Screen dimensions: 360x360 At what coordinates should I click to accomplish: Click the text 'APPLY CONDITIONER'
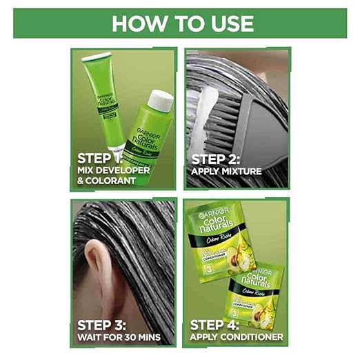coord(234,337)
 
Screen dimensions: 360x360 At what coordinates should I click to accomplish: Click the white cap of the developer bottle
coord(160,101)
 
